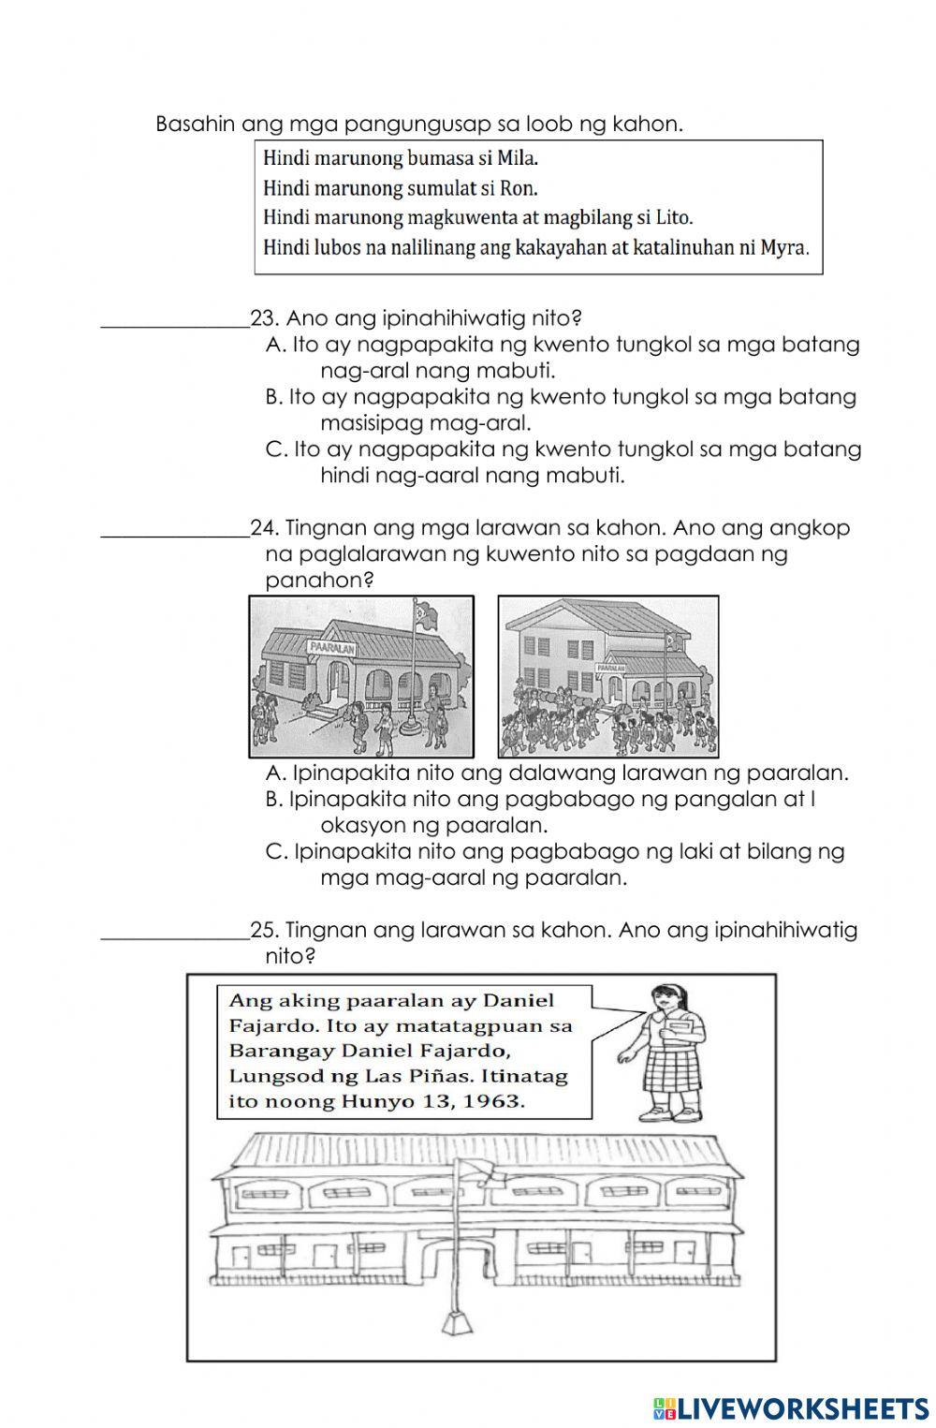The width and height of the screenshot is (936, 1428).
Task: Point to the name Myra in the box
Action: (786, 248)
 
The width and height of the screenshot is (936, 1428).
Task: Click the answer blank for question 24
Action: (174, 529)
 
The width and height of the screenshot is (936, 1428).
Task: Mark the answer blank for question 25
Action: (174, 931)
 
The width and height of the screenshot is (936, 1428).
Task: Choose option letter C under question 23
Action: (276, 449)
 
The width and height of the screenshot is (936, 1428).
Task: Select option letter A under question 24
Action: (275, 773)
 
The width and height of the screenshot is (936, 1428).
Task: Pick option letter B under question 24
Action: (274, 800)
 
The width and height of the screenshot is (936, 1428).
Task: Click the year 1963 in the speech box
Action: (495, 1101)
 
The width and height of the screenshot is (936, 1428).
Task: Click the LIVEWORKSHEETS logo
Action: (791, 1407)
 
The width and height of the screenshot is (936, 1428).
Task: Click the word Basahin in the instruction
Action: (196, 124)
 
